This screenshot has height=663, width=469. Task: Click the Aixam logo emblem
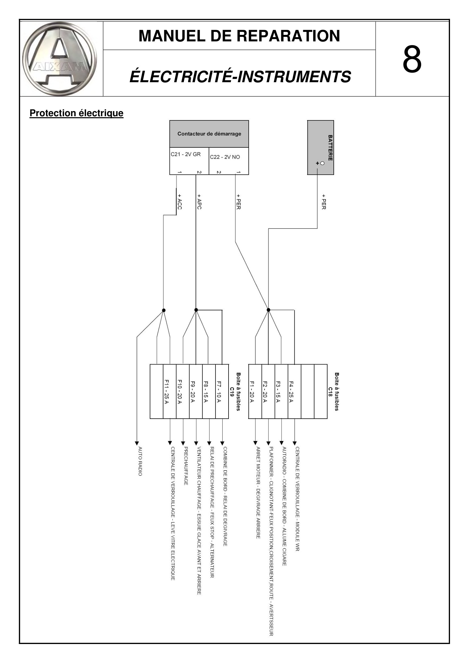point(60,59)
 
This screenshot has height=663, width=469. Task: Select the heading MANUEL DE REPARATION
point(239,36)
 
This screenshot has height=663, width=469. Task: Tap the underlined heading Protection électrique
point(77,113)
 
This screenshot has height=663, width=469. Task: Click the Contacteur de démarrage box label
point(209,134)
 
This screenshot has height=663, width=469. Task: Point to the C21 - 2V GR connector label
point(185,154)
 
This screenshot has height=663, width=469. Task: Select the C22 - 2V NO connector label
point(225,157)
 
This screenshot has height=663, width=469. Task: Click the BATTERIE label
point(330,148)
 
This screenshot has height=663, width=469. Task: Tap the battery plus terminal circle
point(322,163)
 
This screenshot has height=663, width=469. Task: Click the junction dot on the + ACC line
point(164,310)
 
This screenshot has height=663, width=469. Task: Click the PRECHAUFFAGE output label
point(186,466)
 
